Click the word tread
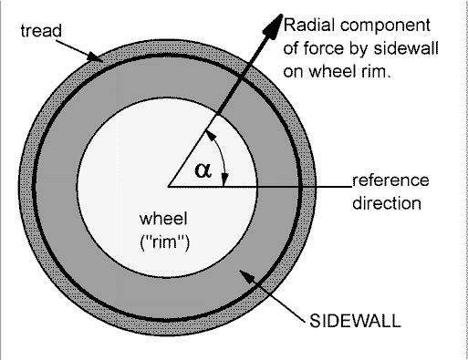[x=41, y=31]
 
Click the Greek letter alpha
[x=203, y=170]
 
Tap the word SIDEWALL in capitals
[x=355, y=321]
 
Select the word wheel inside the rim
[x=163, y=219]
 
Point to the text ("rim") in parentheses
[x=164, y=242]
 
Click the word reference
[x=390, y=180]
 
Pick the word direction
[x=387, y=203]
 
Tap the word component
[x=385, y=26]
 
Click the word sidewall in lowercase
[x=406, y=48]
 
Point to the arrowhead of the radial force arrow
[x=273, y=26]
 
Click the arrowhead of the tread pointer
[x=95, y=57]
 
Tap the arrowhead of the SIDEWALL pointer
[x=246, y=276]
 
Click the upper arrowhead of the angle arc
[x=211, y=136]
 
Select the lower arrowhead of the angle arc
[x=225, y=180]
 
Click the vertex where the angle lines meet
[x=168, y=186]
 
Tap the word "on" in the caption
[x=294, y=73]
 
